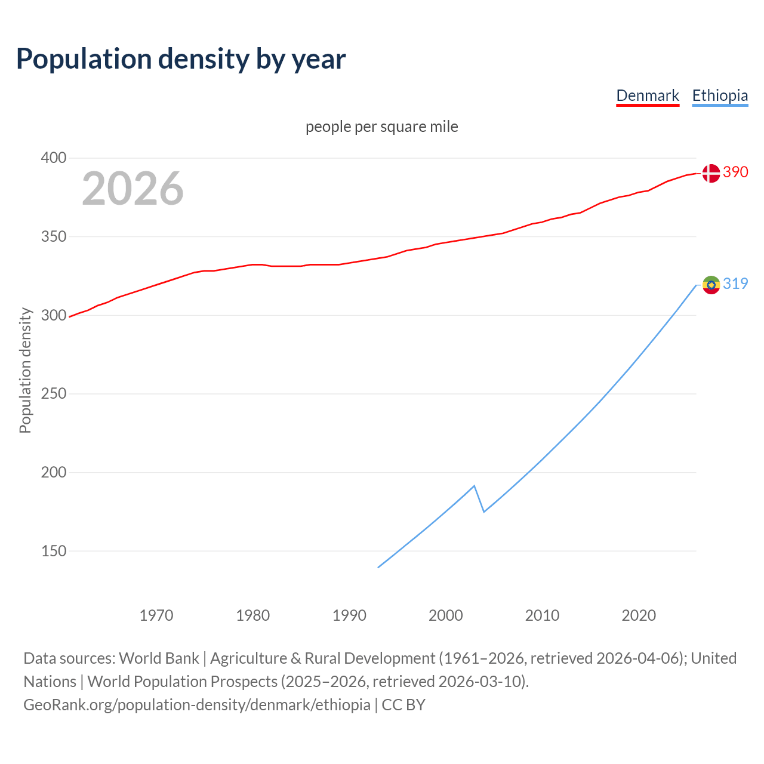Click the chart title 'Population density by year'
coord(181,58)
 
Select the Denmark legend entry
coord(648,96)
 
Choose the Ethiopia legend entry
coord(720,96)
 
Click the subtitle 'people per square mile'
coord(382,127)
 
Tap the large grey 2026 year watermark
coord(133,189)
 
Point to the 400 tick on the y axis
coord(53,158)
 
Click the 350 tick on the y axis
coord(53,237)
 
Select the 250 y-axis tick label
coord(53,394)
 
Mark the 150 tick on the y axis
coord(53,551)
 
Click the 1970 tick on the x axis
coord(156,615)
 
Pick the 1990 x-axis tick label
coord(349,615)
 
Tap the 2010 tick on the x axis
coord(542,615)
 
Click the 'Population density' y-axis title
coord(25,370)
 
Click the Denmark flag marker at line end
coord(711,173)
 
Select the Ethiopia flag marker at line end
coord(711,285)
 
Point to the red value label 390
coord(735,172)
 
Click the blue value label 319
coord(735,284)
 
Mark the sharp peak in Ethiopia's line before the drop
coord(474,486)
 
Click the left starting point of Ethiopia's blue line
coord(378,567)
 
